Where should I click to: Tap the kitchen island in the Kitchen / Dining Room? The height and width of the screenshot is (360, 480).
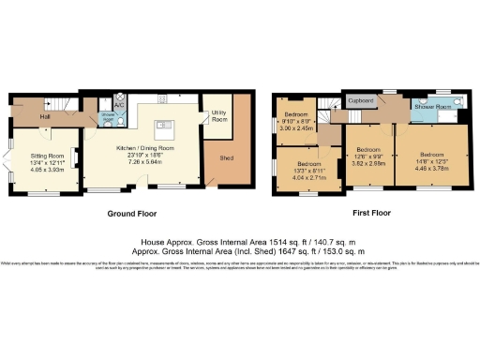click(166, 125)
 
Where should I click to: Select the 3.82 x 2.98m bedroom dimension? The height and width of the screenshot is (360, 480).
click(367, 163)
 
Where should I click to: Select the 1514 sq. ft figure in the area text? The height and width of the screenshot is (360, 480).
click(250, 241)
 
